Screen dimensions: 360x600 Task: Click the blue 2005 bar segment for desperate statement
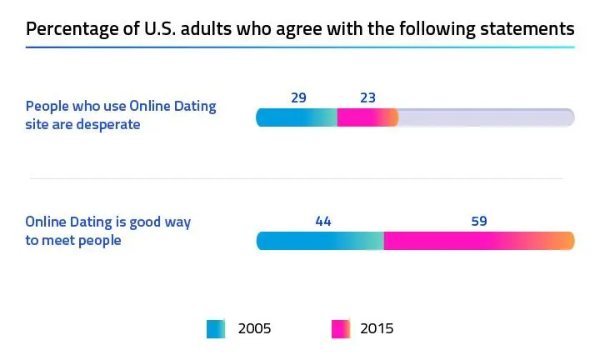tap(296, 117)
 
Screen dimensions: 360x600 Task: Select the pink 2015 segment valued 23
tap(367, 117)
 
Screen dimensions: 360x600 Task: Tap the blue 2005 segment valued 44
tap(319, 241)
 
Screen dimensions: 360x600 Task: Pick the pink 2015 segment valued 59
tap(479, 241)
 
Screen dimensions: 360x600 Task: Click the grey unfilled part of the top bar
tap(487, 117)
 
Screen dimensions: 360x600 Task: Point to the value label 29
tap(298, 97)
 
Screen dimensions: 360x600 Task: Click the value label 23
tap(367, 97)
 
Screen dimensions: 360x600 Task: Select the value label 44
tap(323, 221)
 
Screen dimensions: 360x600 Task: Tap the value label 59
tap(478, 221)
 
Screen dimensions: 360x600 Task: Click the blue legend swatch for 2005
tap(216, 329)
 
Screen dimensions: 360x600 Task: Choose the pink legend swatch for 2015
tap(341, 329)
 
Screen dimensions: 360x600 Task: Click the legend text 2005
tap(254, 329)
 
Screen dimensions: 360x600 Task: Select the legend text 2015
tap(377, 329)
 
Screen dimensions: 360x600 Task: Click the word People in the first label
tap(47, 107)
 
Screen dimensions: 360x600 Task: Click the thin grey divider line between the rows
tap(297, 178)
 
